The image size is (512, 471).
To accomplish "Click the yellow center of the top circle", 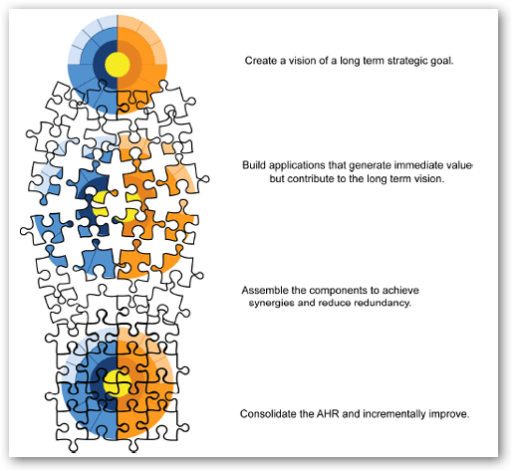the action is [118, 65].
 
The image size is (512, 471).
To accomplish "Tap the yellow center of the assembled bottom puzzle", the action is [117, 384].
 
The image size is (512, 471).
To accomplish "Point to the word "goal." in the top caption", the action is [441, 62].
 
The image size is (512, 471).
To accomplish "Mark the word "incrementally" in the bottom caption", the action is [394, 414].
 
